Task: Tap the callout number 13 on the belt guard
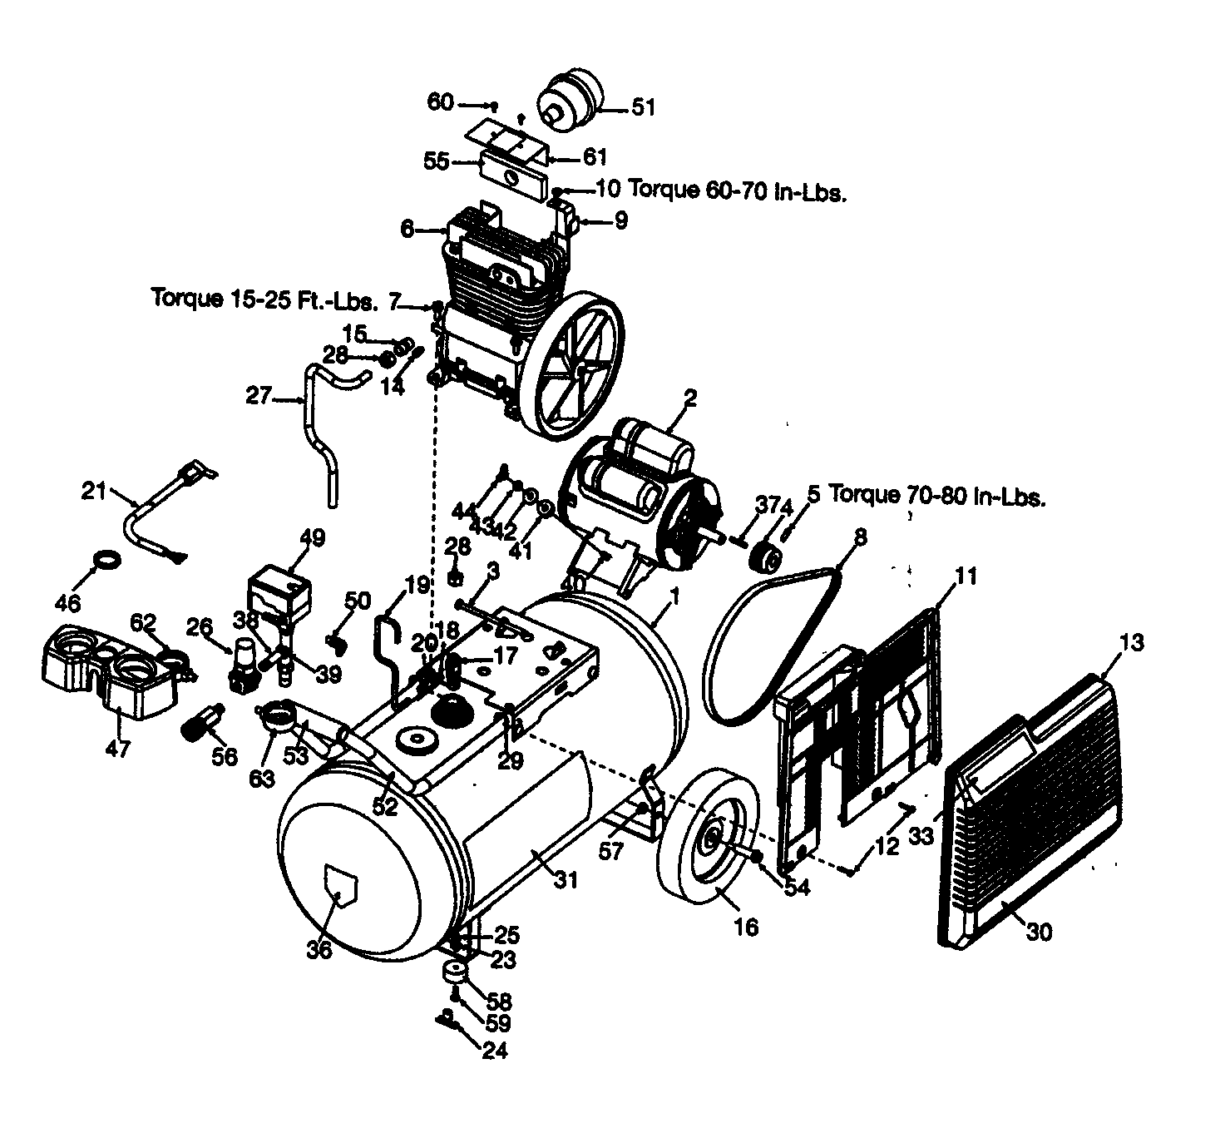(x=1131, y=642)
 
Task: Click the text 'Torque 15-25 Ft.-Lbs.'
(x=264, y=297)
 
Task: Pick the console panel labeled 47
(x=112, y=674)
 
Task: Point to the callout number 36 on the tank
(x=319, y=948)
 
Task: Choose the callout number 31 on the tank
(x=565, y=879)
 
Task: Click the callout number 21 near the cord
(x=94, y=491)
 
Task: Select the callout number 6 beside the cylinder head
(x=407, y=229)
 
